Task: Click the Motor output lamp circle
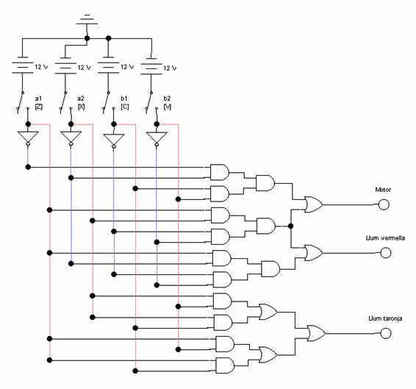(x=384, y=204)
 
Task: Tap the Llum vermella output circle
(x=385, y=253)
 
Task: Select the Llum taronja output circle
(x=385, y=333)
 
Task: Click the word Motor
(x=383, y=190)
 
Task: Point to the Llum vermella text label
(x=385, y=238)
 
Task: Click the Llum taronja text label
(x=385, y=318)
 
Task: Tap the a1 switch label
(x=38, y=99)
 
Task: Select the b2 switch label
(x=167, y=99)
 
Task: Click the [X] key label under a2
(x=81, y=107)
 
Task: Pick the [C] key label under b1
(x=124, y=107)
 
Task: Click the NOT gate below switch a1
(x=28, y=138)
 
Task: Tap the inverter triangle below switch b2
(x=157, y=138)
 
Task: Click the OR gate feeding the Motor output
(x=314, y=204)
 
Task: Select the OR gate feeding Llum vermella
(x=314, y=253)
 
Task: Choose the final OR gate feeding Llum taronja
(x=316, y=333)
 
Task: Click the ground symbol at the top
(x=87, y=19)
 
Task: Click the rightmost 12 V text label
(x=170, y=68)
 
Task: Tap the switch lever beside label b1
(x=106, y=103)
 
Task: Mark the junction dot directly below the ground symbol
(x=87, y=38)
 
